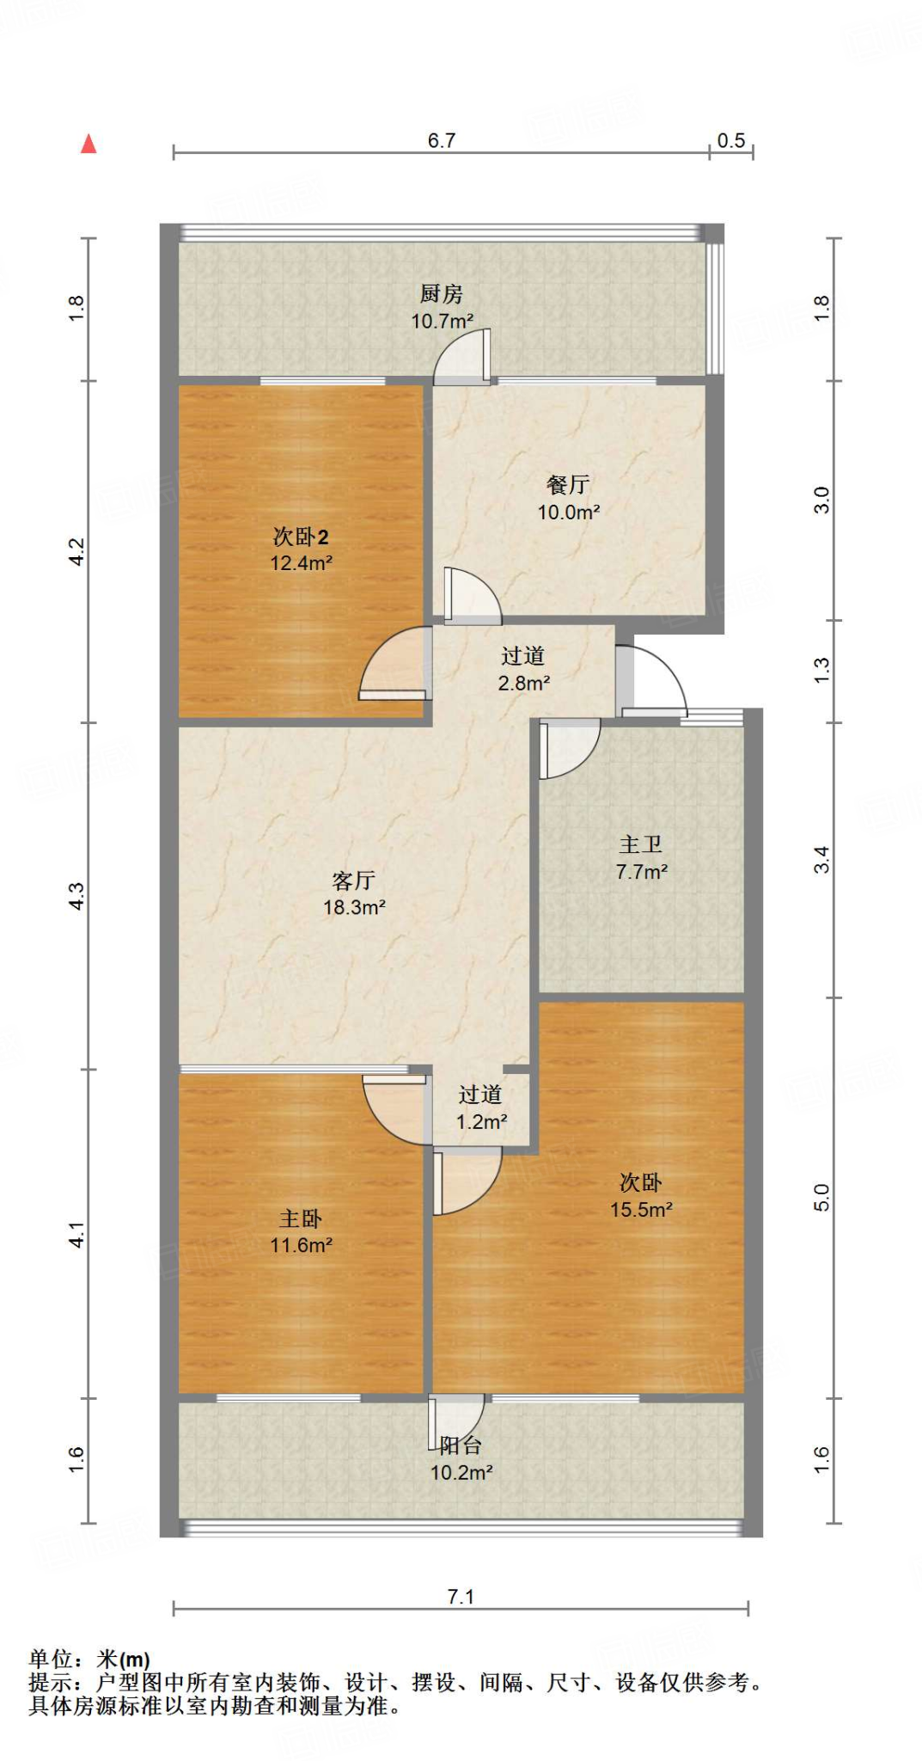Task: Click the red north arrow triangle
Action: (89, 144)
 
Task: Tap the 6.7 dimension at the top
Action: (441, 140)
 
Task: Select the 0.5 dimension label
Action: (731, 140)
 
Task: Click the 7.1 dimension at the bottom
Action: (461, 1597)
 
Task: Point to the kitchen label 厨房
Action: (442, 294)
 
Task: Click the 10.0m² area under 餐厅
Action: (568, 512)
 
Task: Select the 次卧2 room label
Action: (301, 537)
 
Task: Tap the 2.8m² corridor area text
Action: (523, 684)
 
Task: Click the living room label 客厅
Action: (353, 880)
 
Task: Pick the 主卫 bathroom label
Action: (641, 844)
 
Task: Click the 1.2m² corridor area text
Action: (481, 1122)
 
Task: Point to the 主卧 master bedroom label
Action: (301, 1218)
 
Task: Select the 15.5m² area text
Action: (641, 1210)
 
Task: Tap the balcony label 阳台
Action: (461, 1445)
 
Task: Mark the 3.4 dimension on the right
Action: (822, 860)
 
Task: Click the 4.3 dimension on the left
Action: (77, 896)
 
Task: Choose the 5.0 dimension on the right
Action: (822, 1197)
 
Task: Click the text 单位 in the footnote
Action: (50, 1660)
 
